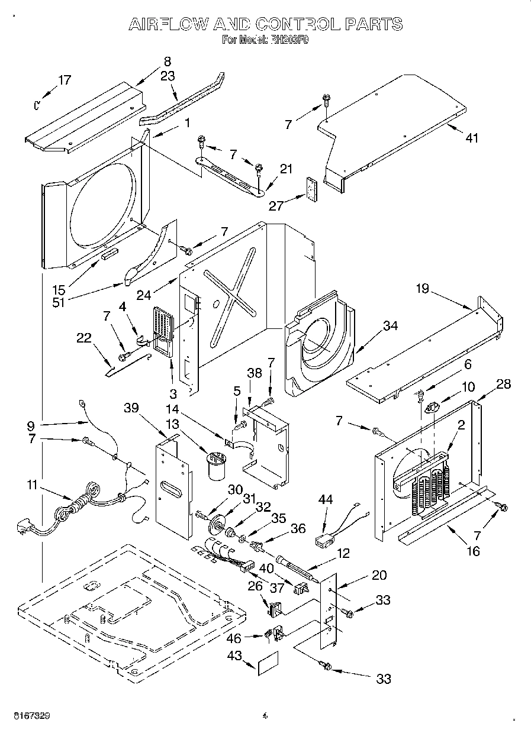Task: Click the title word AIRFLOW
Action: click(x=168, y=24)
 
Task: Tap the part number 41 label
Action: click(x=471, y=138)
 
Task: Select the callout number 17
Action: click(x=65, y=80)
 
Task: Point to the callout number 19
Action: click(x=422, y=289)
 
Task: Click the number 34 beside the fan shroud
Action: click(x=390, y=325)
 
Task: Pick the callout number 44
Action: click(x=326, y=500)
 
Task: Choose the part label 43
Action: click(x=236, y=657)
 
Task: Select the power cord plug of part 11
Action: click(x=25, y=525)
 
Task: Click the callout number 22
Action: click(x=85, y=338)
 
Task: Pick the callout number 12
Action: click(x=342, y=553)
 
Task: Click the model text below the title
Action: click(x=265, y=40)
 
